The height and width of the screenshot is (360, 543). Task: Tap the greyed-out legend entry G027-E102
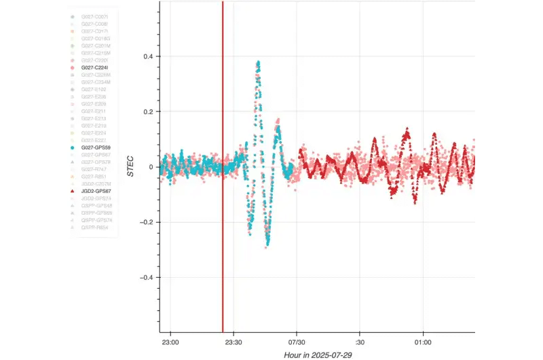click(94, 89)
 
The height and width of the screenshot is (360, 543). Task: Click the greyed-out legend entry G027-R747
click(93, 169)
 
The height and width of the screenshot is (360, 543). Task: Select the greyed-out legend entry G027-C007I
click(94, 16)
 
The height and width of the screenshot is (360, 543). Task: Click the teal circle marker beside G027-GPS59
click(72, 147)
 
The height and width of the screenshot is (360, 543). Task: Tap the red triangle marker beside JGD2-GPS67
click(72, 192)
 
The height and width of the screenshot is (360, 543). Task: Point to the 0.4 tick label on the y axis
click(147, 56)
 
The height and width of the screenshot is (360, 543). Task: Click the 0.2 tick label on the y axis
click(147, 111)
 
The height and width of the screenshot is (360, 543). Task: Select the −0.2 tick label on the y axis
click(145, 222)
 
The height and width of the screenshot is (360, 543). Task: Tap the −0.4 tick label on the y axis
click(145, 277)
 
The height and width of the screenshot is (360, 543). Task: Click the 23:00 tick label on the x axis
click(170, 342)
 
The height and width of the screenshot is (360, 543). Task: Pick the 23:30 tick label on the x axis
click(233, 342)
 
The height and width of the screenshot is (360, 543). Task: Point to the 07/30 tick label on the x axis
click(297, 342)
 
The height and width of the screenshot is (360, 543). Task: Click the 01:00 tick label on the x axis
click(423, 342)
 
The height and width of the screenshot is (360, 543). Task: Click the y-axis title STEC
click(131, 167)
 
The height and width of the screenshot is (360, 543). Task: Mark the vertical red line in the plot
click(223, 204)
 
